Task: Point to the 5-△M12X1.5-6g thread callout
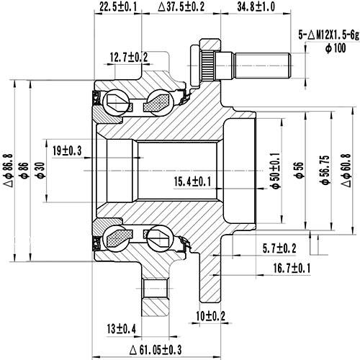coord(328,34)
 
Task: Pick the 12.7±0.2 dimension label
coord(129,56)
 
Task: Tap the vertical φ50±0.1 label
coord(274,170)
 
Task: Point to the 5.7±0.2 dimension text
coord(279,248)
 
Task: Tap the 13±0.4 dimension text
coord(121,329)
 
